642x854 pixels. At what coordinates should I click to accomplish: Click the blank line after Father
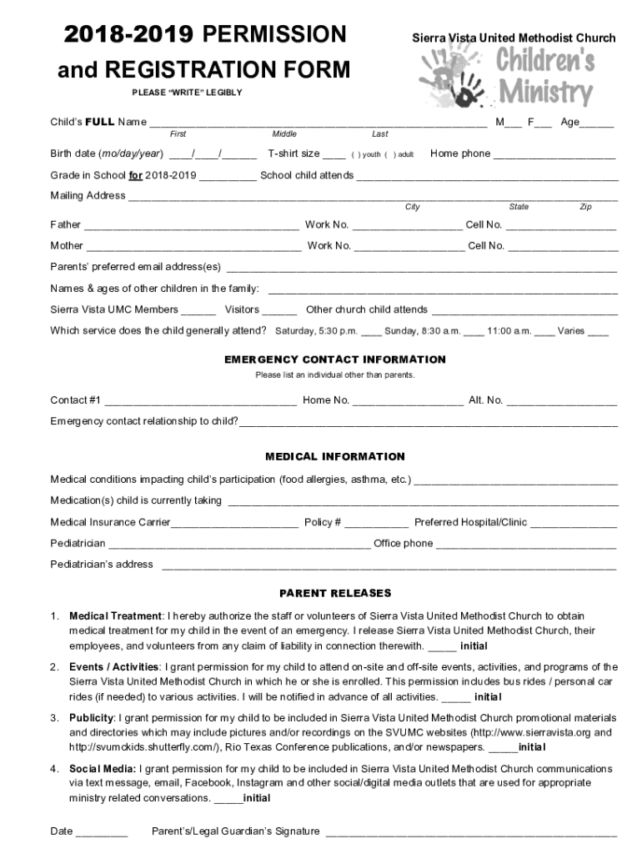[x=191, y=226]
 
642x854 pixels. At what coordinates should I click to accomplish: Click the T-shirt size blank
[x=334, y=155]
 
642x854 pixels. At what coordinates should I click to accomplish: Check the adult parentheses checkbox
[x=389, y=155]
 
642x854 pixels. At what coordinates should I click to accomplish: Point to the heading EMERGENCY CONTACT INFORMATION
[x=335, y=359]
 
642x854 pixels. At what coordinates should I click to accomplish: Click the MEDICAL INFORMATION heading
[x=335, y=456]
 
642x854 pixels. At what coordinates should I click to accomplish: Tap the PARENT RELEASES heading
[x=335, y=593]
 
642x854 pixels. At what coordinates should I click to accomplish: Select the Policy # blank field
[x=376, y=524]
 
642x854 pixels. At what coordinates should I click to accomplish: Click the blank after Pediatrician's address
[x=389, y=566]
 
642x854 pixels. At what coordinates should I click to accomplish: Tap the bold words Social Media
[x=103, y=768]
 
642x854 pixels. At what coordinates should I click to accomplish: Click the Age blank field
[x=597, y=124]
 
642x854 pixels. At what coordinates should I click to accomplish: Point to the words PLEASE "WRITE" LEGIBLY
[x=188, y=93]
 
